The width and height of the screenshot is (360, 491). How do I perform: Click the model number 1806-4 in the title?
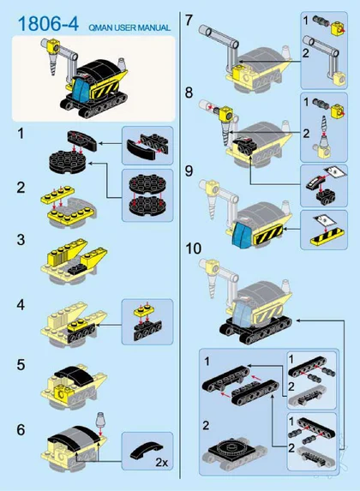coord(48,23)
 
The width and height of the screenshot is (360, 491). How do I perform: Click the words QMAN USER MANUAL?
coord(129,28)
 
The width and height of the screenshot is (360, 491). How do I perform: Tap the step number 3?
coord(21,240)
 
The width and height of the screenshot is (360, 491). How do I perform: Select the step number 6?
coord(21,429)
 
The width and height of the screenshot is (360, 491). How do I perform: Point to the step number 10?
coord(194,248)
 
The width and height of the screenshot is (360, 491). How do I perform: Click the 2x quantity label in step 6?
coord(162,462)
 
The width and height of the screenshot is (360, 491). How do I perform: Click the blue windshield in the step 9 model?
coord(241,236)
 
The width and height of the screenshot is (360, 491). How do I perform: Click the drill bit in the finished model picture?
coord(53,64)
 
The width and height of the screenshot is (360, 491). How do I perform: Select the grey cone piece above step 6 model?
coord(100,419)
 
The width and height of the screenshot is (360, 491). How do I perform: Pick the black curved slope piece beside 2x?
coord(145,449)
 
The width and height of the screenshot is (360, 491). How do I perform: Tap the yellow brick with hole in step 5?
coord(62,392)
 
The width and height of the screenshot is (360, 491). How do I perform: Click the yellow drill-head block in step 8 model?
coord(227,115)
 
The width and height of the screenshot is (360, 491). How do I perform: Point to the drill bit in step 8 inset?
coord(324,129)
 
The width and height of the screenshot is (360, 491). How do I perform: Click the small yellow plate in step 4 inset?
coord(144,311)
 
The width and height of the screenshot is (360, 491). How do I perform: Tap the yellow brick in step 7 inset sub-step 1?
coord(338,28)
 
